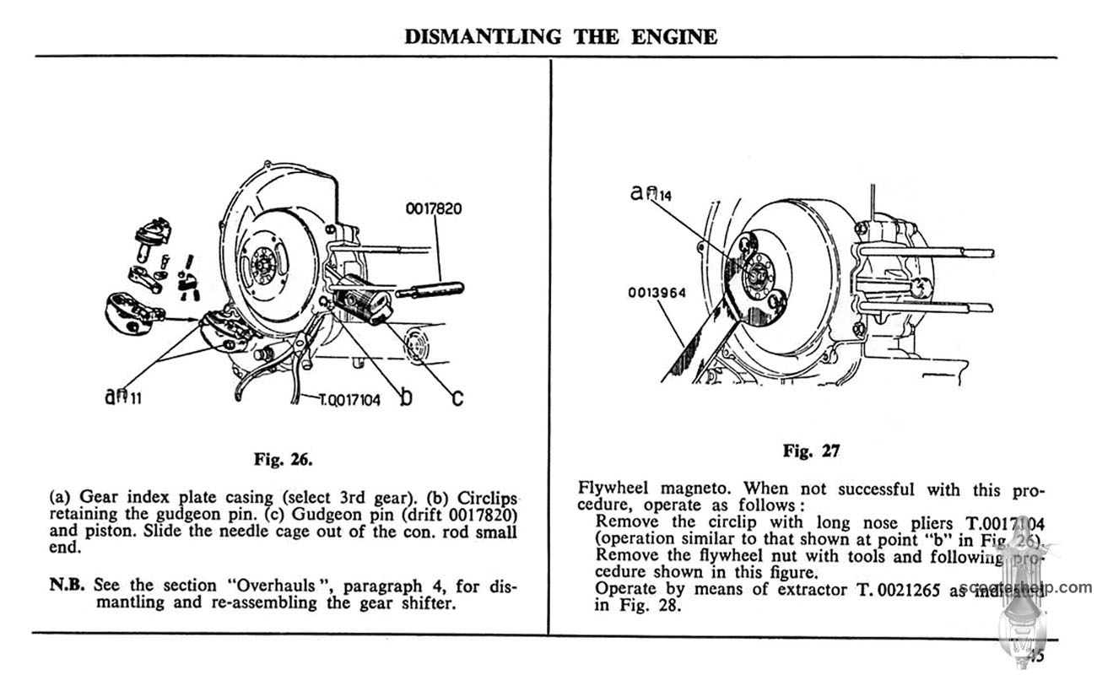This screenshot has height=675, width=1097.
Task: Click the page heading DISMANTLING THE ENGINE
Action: [x=561, y=37]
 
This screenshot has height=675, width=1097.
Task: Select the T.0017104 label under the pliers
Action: [x=349, y=401]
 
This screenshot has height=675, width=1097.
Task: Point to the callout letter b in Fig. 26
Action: [x=407, y=397]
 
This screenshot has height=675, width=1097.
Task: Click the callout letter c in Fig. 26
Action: [x=457, y=397]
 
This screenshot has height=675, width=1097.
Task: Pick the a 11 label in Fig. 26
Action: [x=122, y=394]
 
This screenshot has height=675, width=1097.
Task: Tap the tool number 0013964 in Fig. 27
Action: [x=656, y=294]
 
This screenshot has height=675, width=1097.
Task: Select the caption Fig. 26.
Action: [x=283, y=460]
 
